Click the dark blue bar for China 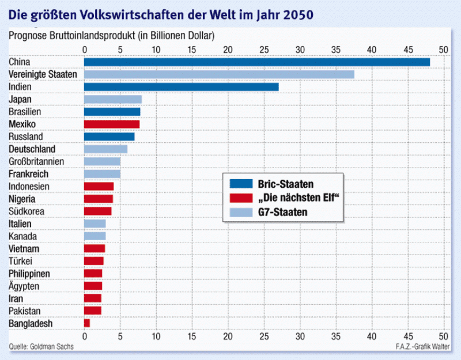(x=256, y=62)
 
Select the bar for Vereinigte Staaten (x=219, y=74)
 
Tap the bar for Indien (x=181, y=87)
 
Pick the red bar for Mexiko (x=112, y=124)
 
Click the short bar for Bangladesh (x=87, y=323)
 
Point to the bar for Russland (x=109, y=137)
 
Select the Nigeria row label (x=23, y=199)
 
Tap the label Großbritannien (x=36, y=161)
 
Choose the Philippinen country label (x=29, y=274)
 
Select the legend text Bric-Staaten (x=286, y=184)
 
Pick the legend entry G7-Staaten (x=282, y=212)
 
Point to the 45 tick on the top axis (x=408, y=50)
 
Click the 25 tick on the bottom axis (x=264, y=336)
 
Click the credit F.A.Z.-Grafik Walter (x=422, y=347)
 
